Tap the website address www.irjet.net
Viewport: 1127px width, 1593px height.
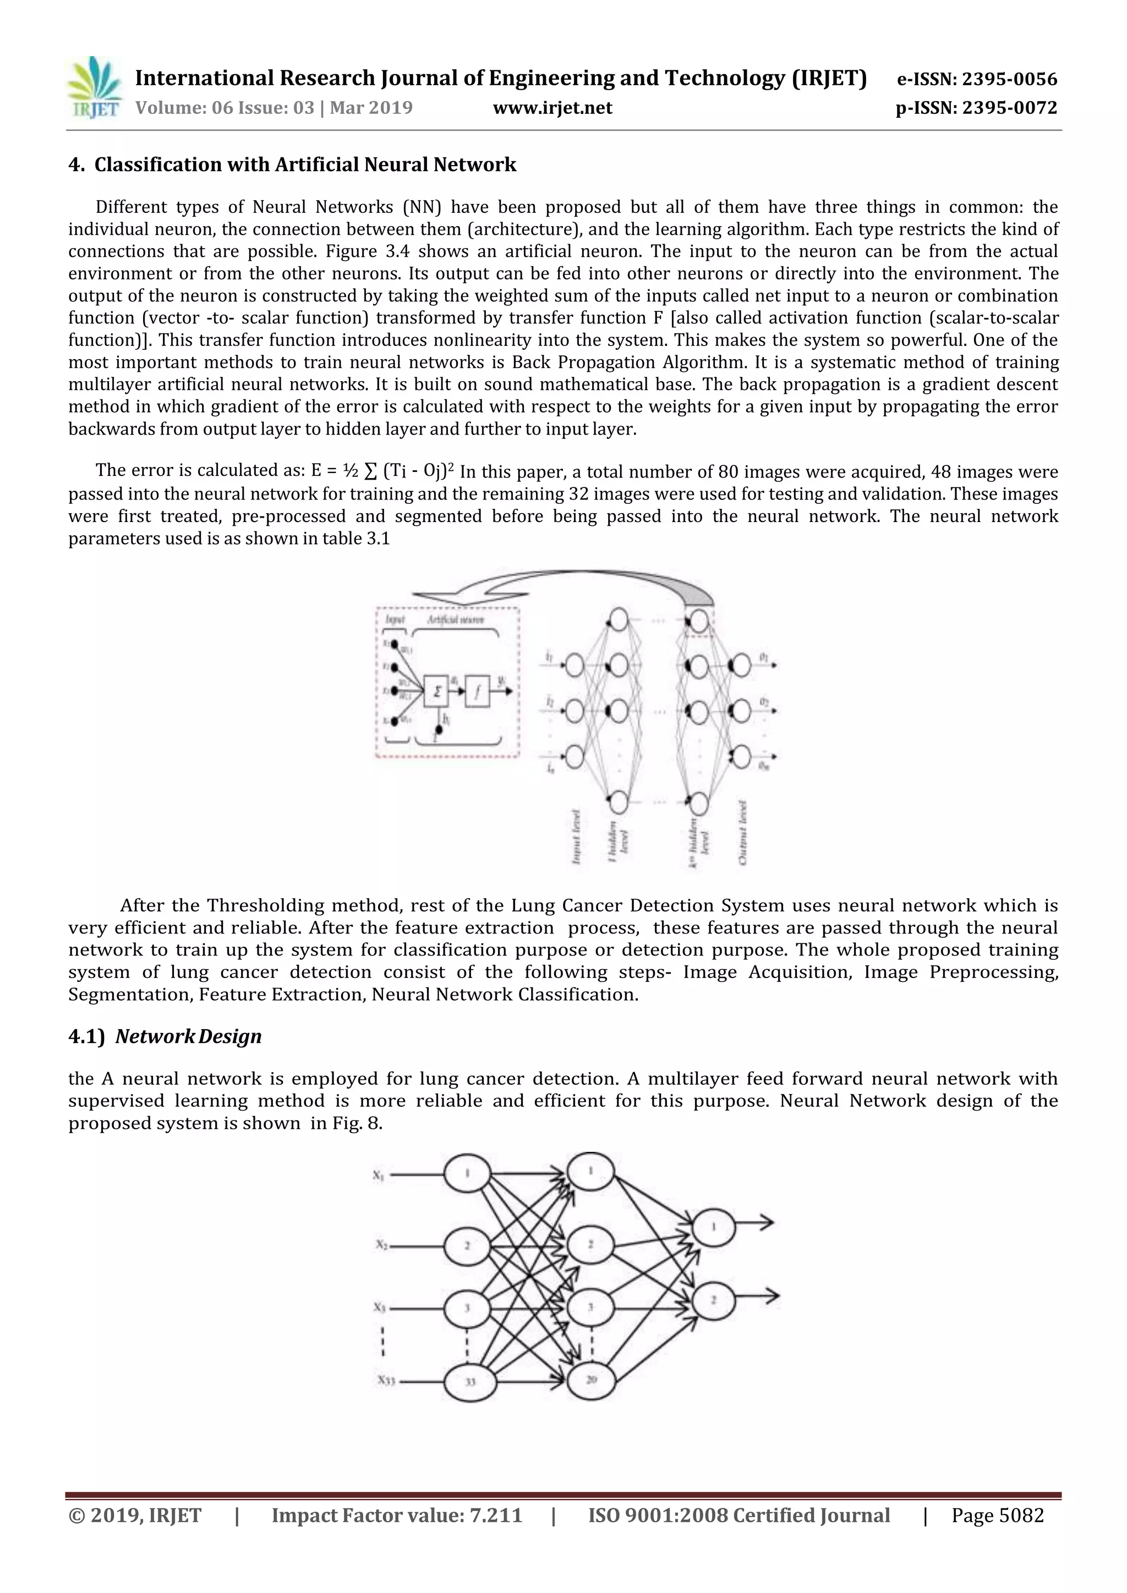[x=552, y=108]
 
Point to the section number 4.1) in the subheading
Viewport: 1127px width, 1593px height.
[x=86, y=1036]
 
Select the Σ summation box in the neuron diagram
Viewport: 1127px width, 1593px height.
[x=436, y=691]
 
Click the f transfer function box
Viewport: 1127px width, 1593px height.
[x=477, y=691]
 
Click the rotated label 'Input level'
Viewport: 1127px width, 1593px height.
[x=575, y=837]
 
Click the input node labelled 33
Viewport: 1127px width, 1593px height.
[x=470, y=1381]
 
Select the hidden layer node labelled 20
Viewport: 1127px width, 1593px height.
[x=590, y=1380]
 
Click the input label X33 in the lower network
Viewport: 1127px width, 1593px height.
[x=386, y=1381]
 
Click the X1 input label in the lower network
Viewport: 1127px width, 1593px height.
[x=378, y=1175]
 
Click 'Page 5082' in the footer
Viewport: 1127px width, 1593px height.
[x=997, y=1515]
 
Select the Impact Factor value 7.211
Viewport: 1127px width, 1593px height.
[x=495, y=1515]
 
